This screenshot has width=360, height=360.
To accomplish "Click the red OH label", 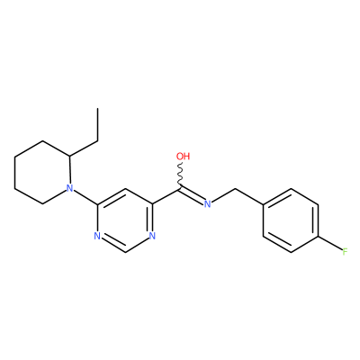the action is (x=183, y=157).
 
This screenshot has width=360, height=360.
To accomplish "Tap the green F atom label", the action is (x=345, y=251).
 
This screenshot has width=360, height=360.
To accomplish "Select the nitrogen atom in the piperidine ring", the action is (x=69, y=188).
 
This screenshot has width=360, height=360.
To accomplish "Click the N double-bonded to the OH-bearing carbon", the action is (x=207, y=204).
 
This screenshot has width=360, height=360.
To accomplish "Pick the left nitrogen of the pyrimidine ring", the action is (x=97, y=236).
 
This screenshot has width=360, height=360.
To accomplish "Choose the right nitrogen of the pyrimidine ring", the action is (x=152, y=236).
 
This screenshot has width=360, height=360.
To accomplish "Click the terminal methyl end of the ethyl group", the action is (x=97, y=108).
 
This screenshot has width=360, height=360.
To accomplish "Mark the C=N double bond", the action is (x=192, y=195).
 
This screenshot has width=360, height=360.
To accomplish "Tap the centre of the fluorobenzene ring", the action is (x=291, y=220).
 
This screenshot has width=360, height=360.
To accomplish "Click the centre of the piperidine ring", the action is (x=42, y=173).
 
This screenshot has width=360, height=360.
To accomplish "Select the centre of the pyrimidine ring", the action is (x=124, y=220).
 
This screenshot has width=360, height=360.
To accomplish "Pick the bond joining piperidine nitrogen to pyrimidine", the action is (x=85, y=197).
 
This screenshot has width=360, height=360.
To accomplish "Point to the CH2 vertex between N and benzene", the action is (x=236, y=189).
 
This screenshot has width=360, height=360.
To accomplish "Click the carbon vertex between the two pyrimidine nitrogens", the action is (x=124, y=252).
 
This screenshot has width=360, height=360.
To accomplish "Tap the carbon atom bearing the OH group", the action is (x=180, y=189).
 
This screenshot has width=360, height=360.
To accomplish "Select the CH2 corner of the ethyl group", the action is (x=98, y=140).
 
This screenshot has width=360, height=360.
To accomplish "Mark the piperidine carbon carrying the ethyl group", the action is (x=69, y=157).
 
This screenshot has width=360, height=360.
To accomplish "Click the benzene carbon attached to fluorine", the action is (x=319, y=237).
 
